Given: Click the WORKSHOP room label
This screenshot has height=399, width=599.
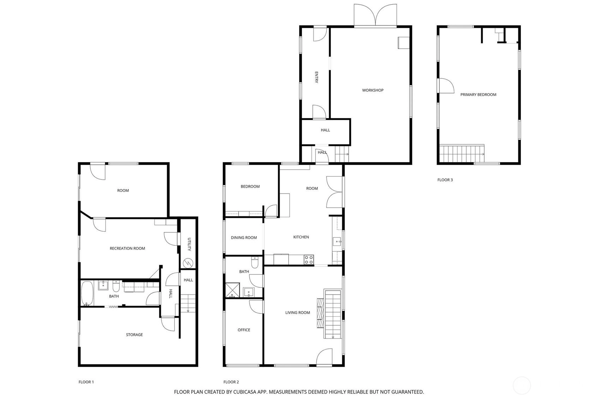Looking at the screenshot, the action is coord(372,90).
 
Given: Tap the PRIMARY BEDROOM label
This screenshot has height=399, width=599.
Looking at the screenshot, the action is coord(478,95).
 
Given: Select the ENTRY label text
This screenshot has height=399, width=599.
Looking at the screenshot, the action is coord(316,77).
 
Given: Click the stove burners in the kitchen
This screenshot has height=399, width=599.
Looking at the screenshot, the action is coord(309,260).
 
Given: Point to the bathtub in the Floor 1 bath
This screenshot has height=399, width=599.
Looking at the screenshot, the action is coord(87,293).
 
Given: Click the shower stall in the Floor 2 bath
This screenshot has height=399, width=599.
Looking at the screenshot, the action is coord(233,290).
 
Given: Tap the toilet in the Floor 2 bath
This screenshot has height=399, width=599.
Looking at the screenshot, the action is coord(255,262).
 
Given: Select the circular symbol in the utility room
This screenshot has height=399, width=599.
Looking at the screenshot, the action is coord(188,263).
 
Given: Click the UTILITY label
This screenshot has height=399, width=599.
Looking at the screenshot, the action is coord(189,244).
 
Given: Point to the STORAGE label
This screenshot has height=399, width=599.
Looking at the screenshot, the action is coord(134,334).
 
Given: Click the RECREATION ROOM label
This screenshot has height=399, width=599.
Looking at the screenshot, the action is coord(127,249).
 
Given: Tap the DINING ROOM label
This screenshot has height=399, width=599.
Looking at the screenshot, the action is coord(244,237).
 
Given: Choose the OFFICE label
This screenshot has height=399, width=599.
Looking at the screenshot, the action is coord(244,330).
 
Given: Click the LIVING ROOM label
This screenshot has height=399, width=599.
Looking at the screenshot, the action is coord(297,313).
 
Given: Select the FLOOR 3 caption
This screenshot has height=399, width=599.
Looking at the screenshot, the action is coord(445,180).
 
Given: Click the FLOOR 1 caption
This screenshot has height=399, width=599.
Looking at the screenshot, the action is coord(86,382).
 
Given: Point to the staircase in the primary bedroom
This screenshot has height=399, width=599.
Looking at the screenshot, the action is coord(462,154).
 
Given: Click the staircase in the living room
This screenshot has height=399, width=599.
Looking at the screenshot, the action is coord(333,314).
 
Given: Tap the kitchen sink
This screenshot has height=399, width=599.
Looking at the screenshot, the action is coord(337,242).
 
